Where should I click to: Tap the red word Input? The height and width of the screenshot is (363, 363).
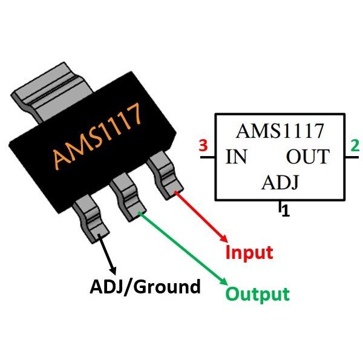coord(249,252)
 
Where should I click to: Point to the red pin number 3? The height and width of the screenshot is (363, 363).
coord(203,146)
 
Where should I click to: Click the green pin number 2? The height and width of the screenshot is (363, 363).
coord(354,146)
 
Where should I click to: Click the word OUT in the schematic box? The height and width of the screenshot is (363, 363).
coord(307,157)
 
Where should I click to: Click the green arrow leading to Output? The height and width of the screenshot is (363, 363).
coord(181,248)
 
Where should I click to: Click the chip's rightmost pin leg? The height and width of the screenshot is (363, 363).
coord(165,175)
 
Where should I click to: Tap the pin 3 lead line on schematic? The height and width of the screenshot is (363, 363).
coord(208,158)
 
